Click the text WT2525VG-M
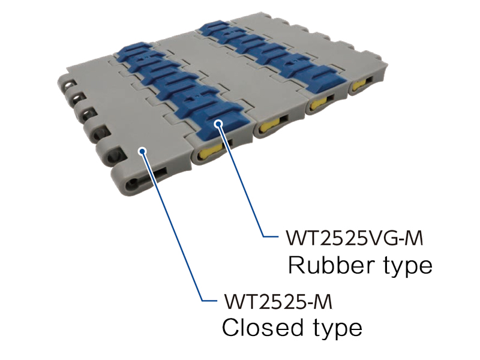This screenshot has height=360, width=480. [x=355, y=238]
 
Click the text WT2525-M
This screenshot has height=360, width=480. [x=278, y=302]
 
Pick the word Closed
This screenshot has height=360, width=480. [x=262, y=328]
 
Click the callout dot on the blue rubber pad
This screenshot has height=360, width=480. [x=218, y=124]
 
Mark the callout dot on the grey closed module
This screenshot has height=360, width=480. [x=142, y=151]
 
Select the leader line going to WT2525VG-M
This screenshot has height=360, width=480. [x=242, y=181]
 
